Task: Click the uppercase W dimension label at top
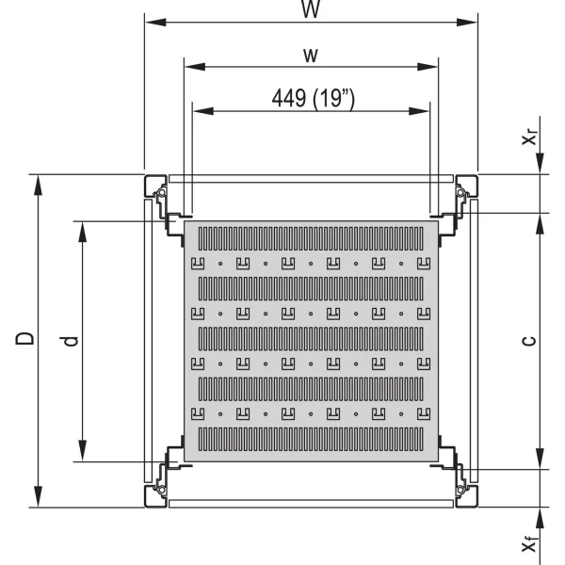(308, 8)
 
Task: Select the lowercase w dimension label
(308, 55)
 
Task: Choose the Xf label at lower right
(532, 543)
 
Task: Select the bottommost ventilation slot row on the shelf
(312, 438)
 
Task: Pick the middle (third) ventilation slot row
(312, 336)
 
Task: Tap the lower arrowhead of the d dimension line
(82, 455)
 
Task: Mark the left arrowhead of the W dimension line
(151, 24)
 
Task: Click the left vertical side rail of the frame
(148, 340)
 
